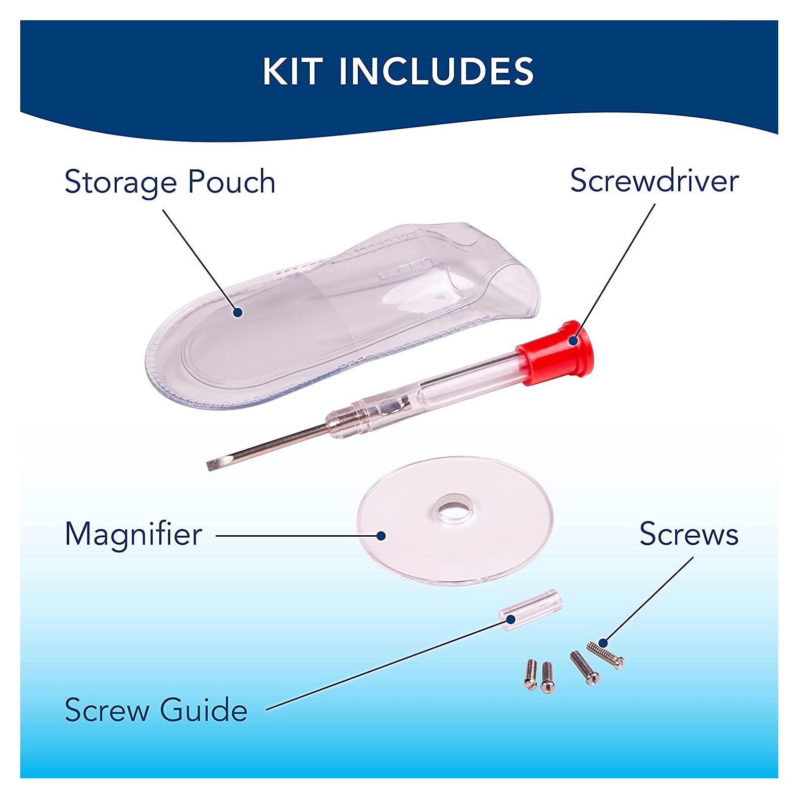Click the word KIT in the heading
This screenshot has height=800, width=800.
(x=292, y=71)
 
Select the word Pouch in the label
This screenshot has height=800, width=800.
(x=231, y=182)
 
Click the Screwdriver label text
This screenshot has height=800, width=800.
(x=654, y=180)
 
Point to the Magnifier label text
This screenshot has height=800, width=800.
(x=133, y=535)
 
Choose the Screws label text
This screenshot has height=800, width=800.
(x=689, y=534)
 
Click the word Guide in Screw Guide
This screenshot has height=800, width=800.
(x=204, y=710)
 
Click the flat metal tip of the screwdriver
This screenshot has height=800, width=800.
(x=213, y=464)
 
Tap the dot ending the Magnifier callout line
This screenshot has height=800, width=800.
(x=382, y=536)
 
